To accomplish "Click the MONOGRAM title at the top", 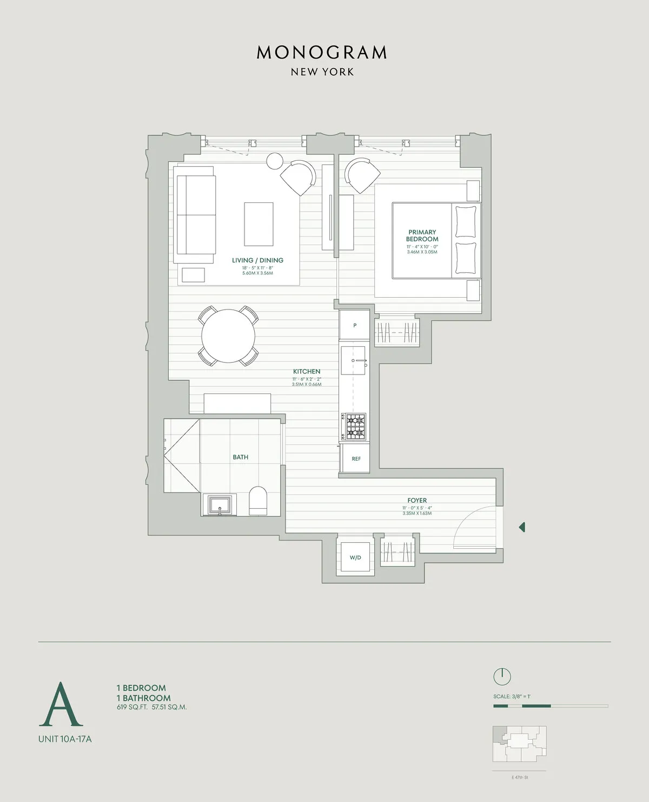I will click(322, 52).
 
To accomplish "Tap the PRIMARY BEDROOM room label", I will click(422, 235).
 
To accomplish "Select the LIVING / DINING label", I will click(257, 260).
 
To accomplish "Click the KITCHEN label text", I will click(307, 371).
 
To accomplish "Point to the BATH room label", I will click(241, 457).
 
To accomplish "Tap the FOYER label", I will click(417, 501).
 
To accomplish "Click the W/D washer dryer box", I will click(355, 557).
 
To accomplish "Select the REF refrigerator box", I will click(356, 458).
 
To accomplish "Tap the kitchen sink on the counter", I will click(354, 360).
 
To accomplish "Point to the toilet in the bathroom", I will click(258, 501).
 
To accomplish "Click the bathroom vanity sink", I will click(220, 505).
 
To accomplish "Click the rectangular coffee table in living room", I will click(259, 224).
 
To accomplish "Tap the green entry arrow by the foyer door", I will click(522, 527).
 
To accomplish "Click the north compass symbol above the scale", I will click(502, 676).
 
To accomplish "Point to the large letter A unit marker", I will click(61, 705).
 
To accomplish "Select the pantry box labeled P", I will click(355, 325).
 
